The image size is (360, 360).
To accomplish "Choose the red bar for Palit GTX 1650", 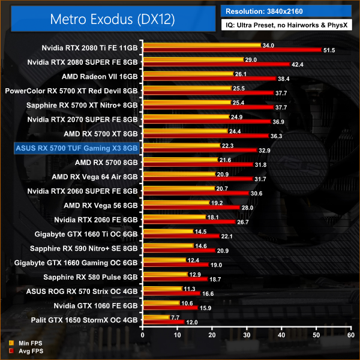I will pyautogui.click(x=163, y=322).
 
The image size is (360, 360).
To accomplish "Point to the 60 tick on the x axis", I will pyautogui.click(x=349, y=335).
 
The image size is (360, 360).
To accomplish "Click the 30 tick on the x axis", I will pyautogui.click(x=245, y=335).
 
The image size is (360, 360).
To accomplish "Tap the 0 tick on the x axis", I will pyautogui.click(x=142, y=335).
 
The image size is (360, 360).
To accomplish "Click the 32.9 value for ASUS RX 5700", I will pyautogui.click(x=265, y=151).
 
